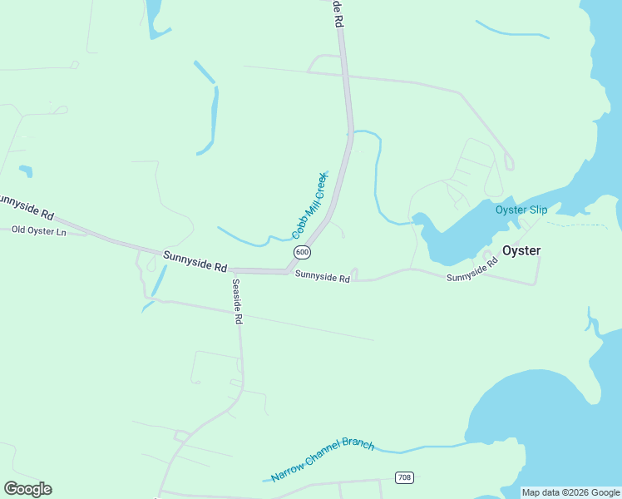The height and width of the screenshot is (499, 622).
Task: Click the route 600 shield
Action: (x=302, y=252)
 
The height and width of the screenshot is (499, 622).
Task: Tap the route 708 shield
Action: (x=404, y=477)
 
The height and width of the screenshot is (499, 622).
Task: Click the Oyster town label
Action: (x=521, y=250)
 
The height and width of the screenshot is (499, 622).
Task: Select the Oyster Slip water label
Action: (x=521, y=210)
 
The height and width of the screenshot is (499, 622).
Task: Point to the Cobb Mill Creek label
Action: (x=309, y=205)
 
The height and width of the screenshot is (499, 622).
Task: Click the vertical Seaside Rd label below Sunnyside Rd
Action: (x=237, y=301)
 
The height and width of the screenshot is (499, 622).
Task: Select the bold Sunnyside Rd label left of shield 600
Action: (x=195, y=262)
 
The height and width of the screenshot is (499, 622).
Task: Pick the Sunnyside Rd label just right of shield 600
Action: (x=322, y=276)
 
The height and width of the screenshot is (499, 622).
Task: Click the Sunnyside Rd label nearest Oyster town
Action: (x=471, y=270)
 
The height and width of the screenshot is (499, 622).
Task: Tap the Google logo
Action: (x=27, y=489)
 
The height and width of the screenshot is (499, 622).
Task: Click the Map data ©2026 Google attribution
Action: (x=571, y=492)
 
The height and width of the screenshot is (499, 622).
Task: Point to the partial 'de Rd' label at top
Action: (x=338, y=15)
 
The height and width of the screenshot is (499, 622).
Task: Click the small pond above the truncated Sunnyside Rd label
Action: (x=26, y=171)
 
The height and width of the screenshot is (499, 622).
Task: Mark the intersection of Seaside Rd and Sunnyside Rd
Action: (x=233, y=270)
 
